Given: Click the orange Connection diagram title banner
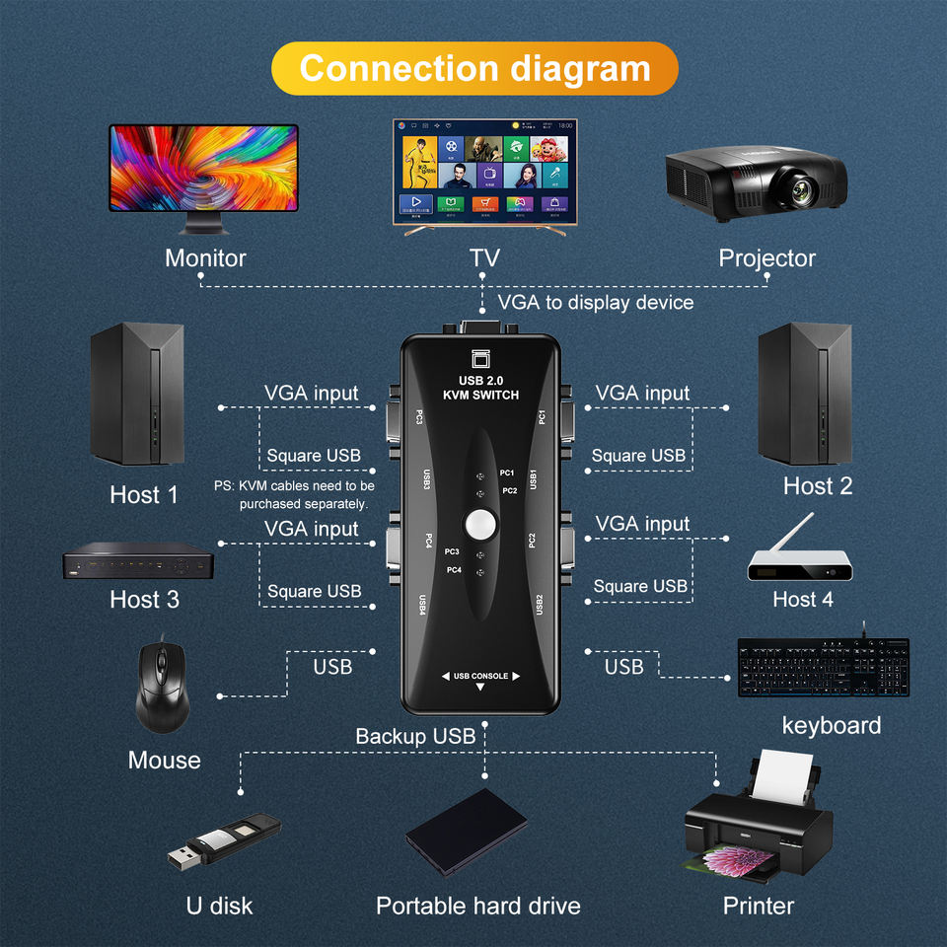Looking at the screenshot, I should (474, 68).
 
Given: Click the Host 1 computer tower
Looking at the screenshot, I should (137, 394).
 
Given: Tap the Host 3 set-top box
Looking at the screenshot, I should (138, 564).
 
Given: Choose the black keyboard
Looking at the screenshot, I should (823, 667).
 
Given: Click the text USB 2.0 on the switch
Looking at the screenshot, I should (481, 381).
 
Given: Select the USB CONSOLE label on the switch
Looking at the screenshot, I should (480, 676).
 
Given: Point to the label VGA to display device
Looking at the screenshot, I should (595, 302).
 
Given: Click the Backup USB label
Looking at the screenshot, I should (415, 736).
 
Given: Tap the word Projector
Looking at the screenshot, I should (766, 258).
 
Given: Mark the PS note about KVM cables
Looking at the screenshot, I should (294, 494).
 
